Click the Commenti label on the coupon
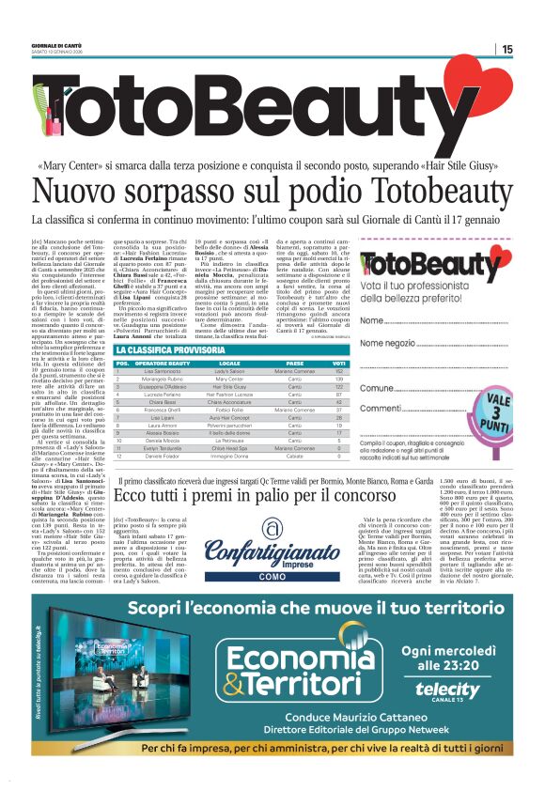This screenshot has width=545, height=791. [x=410, y=409]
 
